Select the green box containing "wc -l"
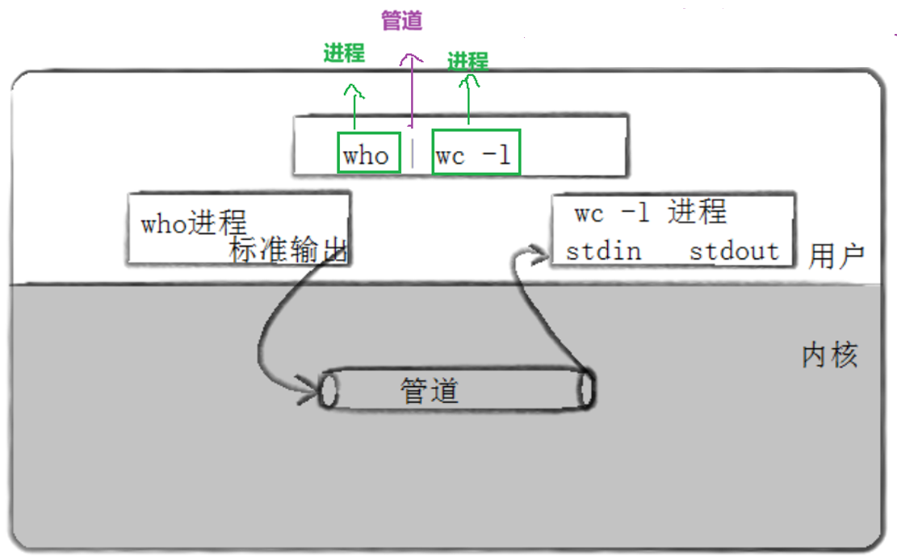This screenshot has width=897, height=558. [x=476, y=153]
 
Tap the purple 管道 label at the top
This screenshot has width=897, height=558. [x=401, y=21]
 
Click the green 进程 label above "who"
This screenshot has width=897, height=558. [x=344, y=53]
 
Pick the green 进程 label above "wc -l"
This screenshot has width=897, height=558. [x=468, y=61]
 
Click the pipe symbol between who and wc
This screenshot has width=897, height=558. [x=413, y=153]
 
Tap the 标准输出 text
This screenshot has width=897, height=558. [x=287, y=250]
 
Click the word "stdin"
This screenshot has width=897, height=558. [x=603, y=251]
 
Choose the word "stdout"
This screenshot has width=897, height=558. [x=734, y=251]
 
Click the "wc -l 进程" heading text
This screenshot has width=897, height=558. [x=650, y=213]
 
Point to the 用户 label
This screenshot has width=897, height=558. [x=836, y=256]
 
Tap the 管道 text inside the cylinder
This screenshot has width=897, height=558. [x=430, y=391]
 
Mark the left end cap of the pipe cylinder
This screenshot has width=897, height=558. [x=328, y=391]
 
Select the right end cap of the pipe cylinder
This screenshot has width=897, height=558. [x=586, y=390]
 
